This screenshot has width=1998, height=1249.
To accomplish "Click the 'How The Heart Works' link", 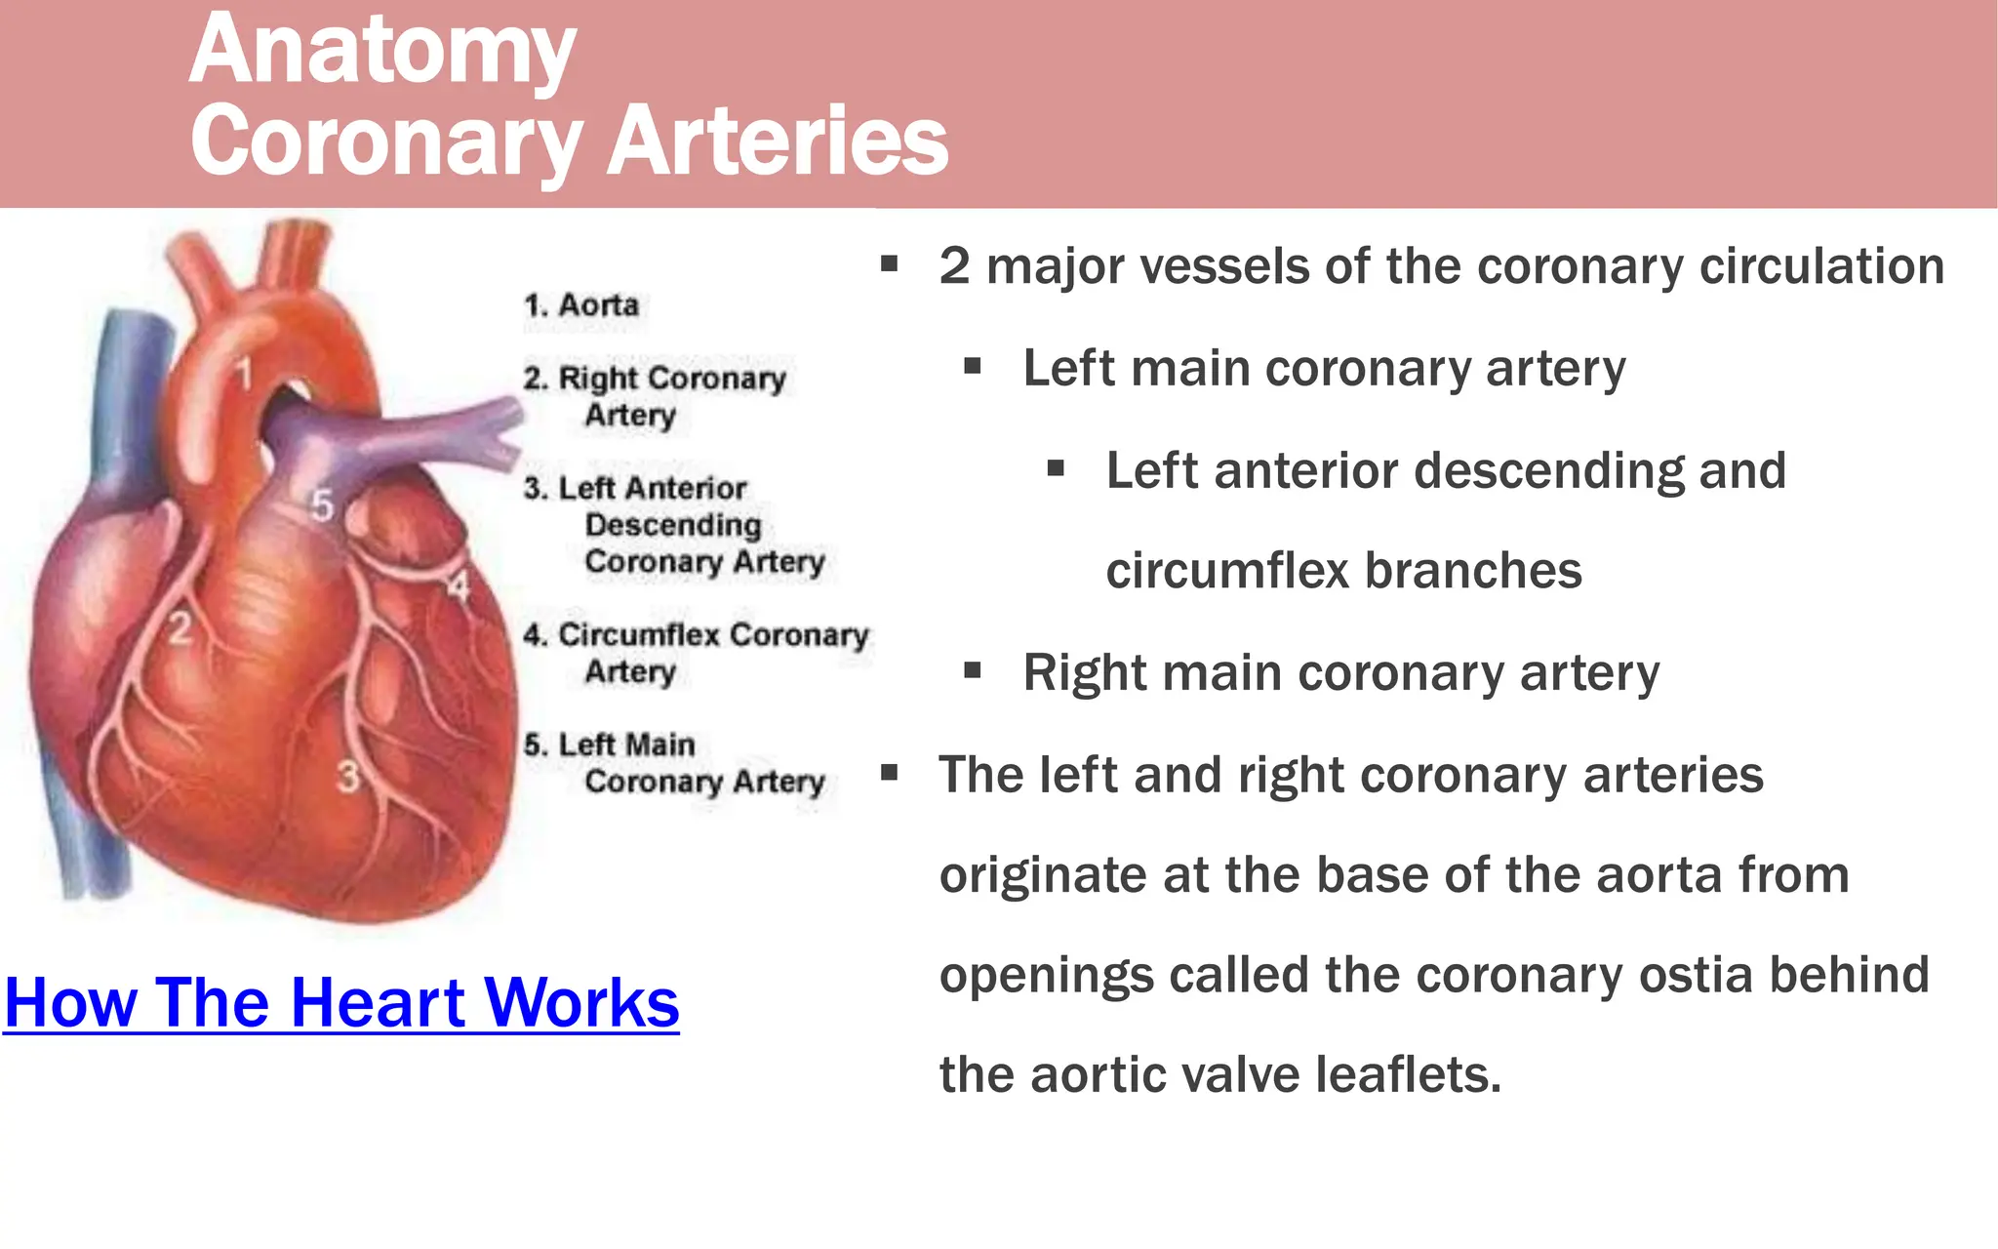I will (341, 1002).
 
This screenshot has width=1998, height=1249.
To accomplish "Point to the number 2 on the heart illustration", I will (180, 627).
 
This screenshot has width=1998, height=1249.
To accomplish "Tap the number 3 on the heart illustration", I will (348, 777).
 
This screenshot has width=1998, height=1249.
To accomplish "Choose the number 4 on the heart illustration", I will (458, 586).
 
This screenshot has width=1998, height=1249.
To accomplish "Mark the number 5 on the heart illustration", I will (322, 505).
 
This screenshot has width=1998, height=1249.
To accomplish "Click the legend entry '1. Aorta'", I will (581, 305).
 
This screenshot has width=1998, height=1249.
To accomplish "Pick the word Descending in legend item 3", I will (673, 525).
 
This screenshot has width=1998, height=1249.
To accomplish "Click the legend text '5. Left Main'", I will (610, 745).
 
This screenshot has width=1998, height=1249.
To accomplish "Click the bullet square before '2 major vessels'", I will (889, 263).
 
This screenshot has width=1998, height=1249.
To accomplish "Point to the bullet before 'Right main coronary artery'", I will (972, 670).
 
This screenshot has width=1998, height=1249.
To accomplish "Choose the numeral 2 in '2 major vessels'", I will (954, 266).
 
